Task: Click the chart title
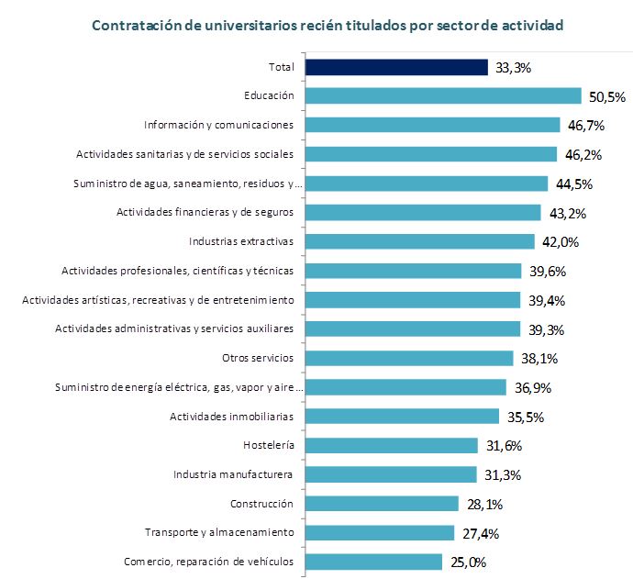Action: pyautogui.click(x=326, y=26)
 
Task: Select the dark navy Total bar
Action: pyautogui.click(x=395, y=67)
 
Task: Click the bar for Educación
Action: pyautogui.click(x=443, y=96)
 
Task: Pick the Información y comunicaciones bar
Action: pyautogui.click(x=432, y=126)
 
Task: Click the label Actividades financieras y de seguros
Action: pyautogui.click(x=205, y=213)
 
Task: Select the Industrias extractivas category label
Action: pyautogui.click(x=241, y=242)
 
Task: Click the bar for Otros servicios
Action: pyautogui.click(x=408, y=358)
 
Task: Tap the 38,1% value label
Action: pyautogui.click(x=539, y=358)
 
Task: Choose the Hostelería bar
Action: pyautogui.click(x=391, y=445)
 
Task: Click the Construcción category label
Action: pyautogui.click(x=261, y=504)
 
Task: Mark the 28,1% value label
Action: pyautogui.click(x=484, y=504)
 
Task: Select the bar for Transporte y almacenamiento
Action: pyautogui.click(x=380, y=533)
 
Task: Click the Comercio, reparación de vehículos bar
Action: pyautogui.click(x=373, y=562)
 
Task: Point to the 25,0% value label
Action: pyautogui.click(x=467, y=562)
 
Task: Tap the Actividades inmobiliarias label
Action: pyautogui.click(x=231, y=417)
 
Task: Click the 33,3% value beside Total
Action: pyautogui.click(x=514, y=67)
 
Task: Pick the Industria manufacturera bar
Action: pyautogui.click(x=391, y=474)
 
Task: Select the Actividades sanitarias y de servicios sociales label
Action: pyautogui.click(x=184, y=154)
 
